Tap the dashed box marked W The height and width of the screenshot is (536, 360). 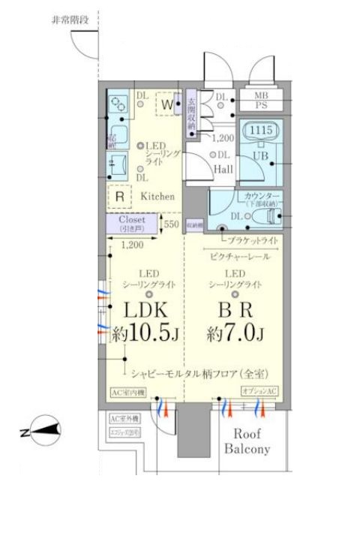tap(165, 104)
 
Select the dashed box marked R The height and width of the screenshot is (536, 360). tap(118, 194)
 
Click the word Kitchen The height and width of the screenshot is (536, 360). tap(157, 196)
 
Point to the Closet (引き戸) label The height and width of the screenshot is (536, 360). tap(131, 224)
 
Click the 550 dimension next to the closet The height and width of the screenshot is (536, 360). tap(172, 224)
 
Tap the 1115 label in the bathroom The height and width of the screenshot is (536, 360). tap(259, 131)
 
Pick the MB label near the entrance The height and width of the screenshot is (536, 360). tap(260, 95)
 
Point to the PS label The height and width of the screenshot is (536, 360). tap(260, 106)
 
